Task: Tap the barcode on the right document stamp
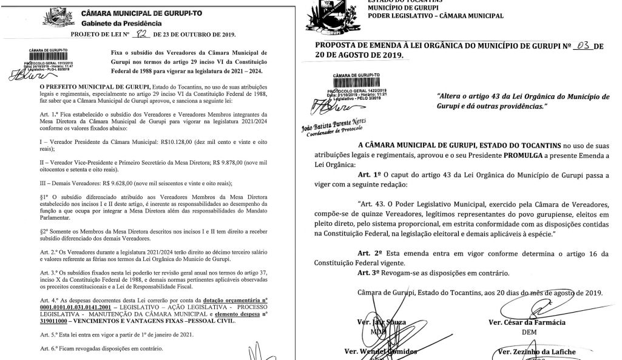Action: (351, 84)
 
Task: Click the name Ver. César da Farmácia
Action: (526, 322)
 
